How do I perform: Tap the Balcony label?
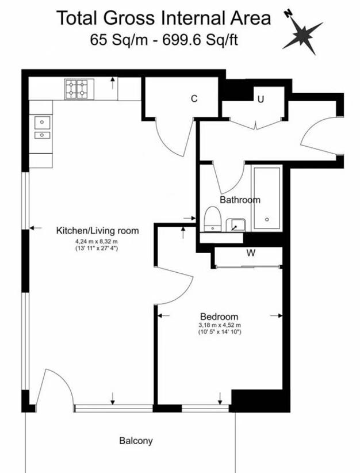[136, 441]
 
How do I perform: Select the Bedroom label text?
[219, 316]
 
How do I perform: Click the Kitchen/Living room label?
[97, 231]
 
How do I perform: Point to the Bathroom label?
[240, 200]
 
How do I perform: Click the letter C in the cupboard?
[194, 98]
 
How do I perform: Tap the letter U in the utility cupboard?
[261, 99]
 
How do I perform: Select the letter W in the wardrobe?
[251, 253]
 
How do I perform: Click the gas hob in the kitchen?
[79, 89]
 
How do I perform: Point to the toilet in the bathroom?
[213, 219]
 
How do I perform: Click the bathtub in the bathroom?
[267, 198]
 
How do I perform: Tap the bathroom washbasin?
[235, 225]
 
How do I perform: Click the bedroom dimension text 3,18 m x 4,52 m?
[220, 325]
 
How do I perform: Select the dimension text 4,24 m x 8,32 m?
[97, 241]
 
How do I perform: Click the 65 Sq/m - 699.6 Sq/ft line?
[164, 40]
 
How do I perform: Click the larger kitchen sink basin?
[42, 122]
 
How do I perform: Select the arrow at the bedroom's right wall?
[276, 316]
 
